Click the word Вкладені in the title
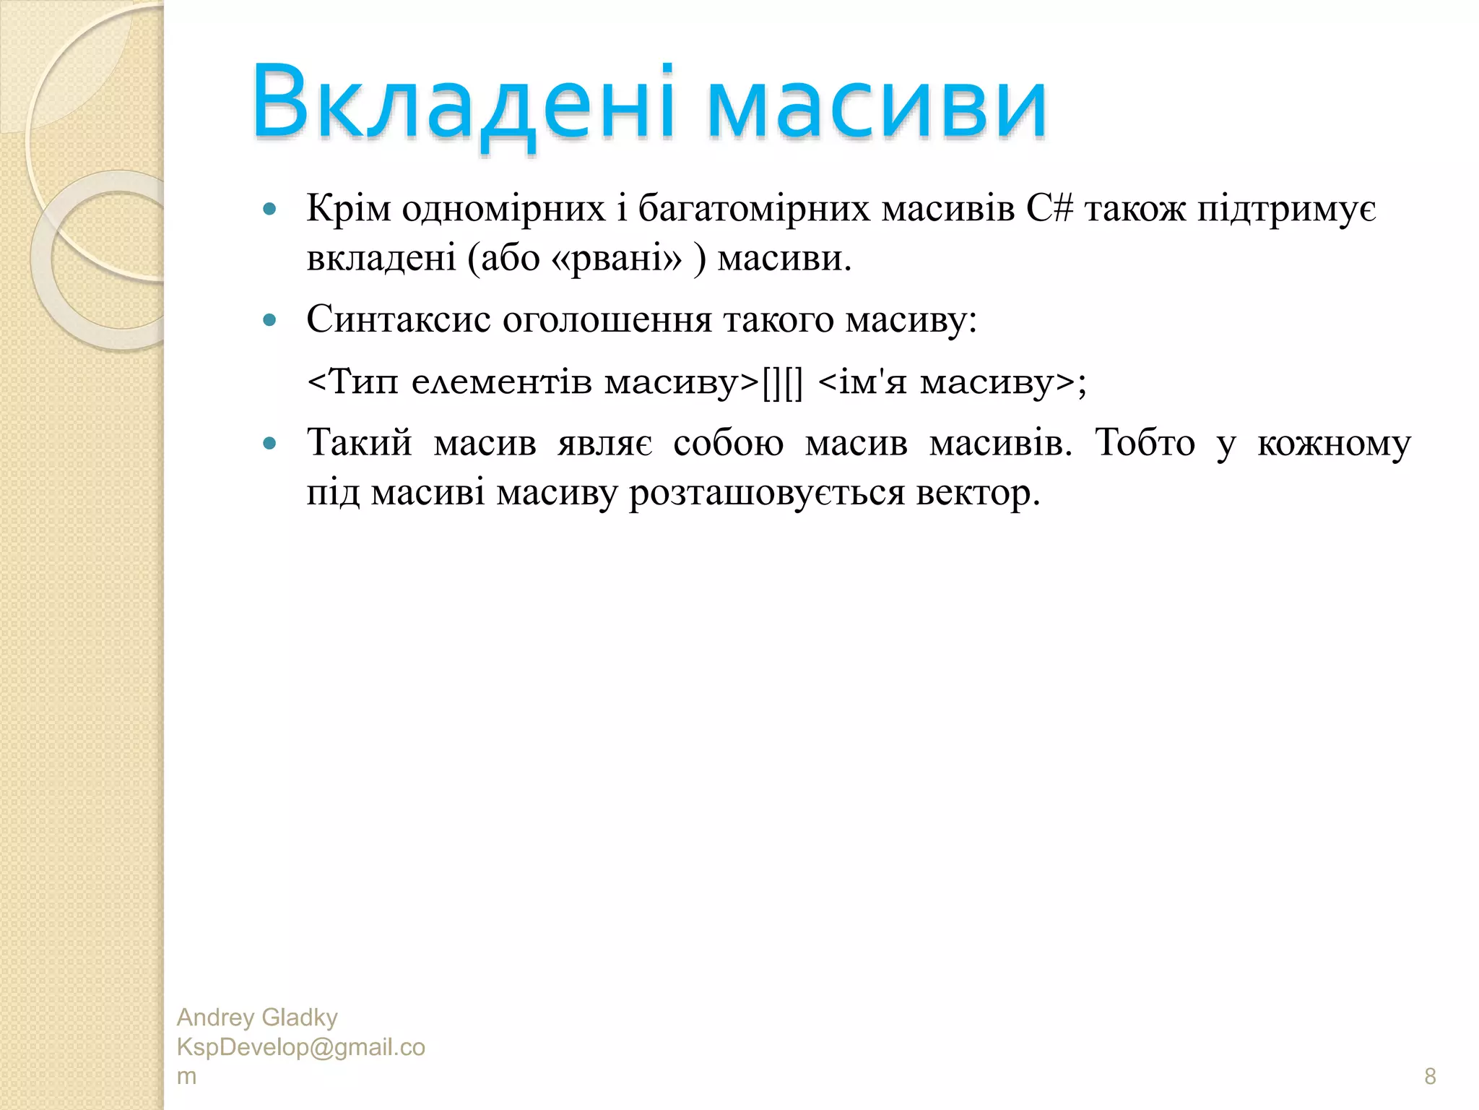462,103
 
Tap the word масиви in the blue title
876,105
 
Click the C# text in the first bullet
1049,210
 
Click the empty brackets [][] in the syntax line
782,382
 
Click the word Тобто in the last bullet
1145,442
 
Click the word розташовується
766,494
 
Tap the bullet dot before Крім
270,210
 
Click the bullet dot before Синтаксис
270,320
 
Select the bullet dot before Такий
270,443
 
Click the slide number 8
1429,1076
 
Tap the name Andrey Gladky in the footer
257,1017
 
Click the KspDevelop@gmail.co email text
300,1047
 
